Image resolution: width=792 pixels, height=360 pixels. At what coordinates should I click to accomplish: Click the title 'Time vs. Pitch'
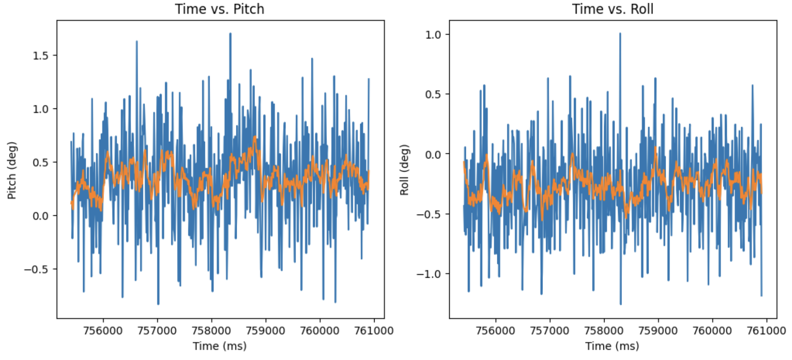(219, 9)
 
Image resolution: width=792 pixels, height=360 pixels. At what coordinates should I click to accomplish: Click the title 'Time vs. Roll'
(612, 9)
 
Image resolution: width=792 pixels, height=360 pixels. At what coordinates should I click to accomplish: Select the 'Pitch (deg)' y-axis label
(12, 170)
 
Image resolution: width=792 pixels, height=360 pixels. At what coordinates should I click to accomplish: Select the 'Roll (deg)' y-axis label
(404, 170)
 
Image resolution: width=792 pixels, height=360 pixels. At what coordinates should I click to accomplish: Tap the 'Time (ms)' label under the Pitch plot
(220, 346)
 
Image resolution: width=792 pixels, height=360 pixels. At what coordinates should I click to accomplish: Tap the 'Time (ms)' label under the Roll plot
(612, 346)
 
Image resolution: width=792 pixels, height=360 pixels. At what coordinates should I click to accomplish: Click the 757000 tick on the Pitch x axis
(157, 331)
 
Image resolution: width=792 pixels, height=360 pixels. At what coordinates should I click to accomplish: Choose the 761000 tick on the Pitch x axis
(374, 331)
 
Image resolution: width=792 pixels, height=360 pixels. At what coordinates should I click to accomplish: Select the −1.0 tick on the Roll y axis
(429, 274)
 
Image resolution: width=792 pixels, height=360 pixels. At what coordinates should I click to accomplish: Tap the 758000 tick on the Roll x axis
(604, 331)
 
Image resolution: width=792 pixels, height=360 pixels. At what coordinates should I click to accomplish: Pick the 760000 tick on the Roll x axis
(712, 331)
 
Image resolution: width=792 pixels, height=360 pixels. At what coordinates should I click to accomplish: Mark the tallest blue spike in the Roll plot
(620, 34)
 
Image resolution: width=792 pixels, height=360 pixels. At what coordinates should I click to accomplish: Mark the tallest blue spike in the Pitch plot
(230, 34)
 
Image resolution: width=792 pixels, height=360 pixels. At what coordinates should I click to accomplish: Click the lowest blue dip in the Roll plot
(620, 304)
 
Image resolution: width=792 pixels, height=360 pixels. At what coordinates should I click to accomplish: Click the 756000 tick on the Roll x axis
(495, 331)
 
